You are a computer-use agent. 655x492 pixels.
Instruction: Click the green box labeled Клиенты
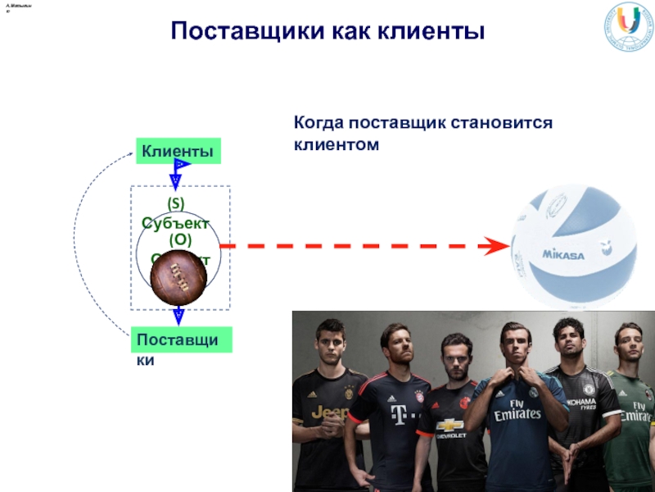(x=178, y=151)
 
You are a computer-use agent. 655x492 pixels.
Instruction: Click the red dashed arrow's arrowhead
(x=493, y=245)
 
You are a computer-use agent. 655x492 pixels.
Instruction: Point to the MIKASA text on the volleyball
(x=563, y=255)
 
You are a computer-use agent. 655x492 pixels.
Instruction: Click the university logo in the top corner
(x=626, y=30)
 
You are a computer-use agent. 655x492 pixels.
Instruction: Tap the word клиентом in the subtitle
(x=337, y=144)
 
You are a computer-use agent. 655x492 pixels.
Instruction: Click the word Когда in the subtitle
(x=319, y=123)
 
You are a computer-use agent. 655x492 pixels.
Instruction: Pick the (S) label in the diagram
(x=176, y=203)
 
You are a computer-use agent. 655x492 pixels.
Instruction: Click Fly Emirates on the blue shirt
(x=517, y=411)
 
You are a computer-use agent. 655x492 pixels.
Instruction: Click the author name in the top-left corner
(x=17, y=8)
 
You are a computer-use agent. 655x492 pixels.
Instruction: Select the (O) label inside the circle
(x=180, y=240)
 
